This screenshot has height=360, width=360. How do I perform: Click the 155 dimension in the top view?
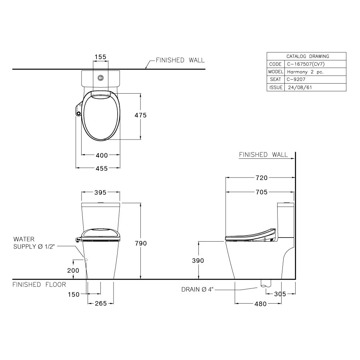coord(100,57)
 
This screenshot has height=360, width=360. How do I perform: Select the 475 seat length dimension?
coord(140,115)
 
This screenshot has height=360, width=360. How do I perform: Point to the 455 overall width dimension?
coord(101,168)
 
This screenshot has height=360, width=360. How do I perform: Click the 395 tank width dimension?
coord(100,192)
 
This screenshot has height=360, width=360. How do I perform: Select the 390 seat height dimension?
coord(198,260)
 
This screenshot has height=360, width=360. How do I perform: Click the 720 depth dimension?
coord(261,178)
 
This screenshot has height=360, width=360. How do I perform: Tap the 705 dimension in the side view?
coord(261,192)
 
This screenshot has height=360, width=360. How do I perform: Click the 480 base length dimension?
coord(260,304)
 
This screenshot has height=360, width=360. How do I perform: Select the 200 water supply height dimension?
coord(73,270)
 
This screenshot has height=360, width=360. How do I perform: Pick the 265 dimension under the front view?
coord(100,303)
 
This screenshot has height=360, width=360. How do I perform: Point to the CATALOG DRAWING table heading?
coord(307,56)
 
